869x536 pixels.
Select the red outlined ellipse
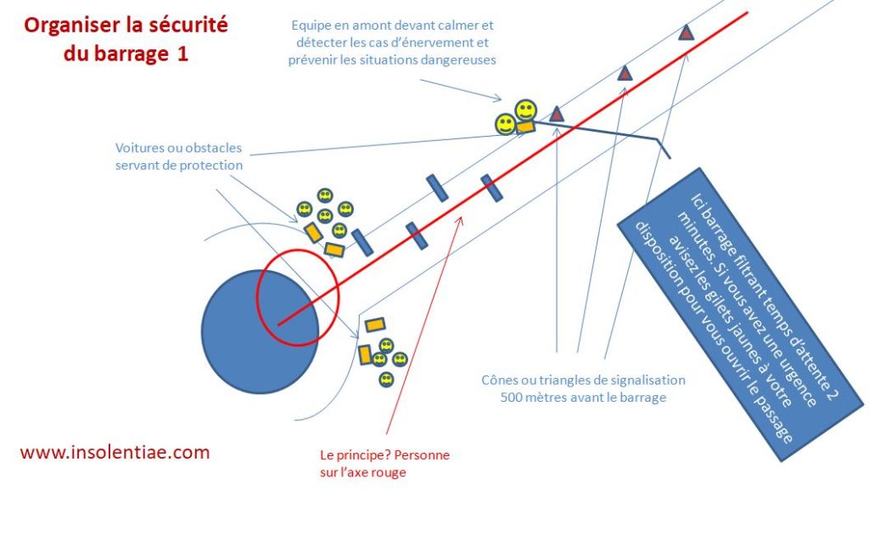tap(298, 296)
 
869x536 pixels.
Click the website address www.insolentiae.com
tap(114, 452)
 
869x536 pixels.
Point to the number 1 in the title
tap(182, 54)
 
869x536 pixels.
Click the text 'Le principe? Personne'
tap(379, 455)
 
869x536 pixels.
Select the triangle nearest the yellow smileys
tap(556, 113)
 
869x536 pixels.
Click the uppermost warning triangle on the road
tap(686, 33)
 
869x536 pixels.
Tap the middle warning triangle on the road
tap(625, 73)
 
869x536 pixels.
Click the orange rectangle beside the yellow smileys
tap(525, 127)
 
